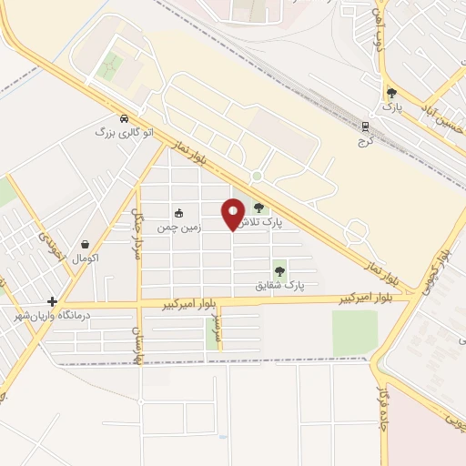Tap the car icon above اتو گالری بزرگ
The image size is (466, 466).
click(124, 117)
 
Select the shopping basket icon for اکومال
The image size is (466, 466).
click(86, 244)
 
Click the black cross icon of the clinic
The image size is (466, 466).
click(53, 301)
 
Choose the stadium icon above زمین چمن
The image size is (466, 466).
click(178, 212)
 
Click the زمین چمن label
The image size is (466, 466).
click(177, 226)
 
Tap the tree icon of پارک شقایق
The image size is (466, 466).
click(279, 269)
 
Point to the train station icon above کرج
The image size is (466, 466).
click(367, 127)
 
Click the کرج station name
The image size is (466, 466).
click(366, 142)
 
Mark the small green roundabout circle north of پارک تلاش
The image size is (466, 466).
click(258, 176)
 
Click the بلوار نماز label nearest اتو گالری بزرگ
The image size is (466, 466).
click(195, 163)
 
